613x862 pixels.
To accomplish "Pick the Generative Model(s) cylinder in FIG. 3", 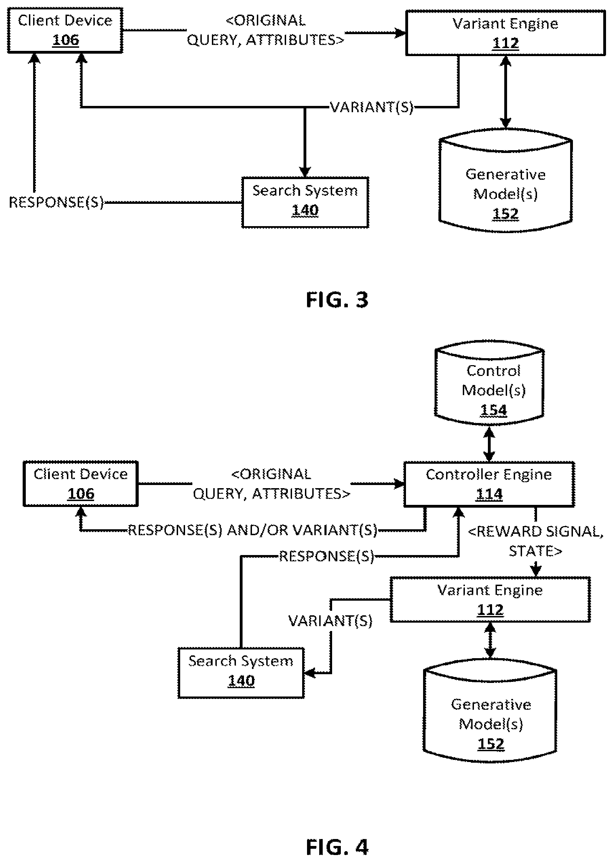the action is click(505, 180).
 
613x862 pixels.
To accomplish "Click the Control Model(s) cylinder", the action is click(489, 383).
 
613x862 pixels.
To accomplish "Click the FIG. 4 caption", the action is click(337, 847).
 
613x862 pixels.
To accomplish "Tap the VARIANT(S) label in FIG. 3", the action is click(372, 107).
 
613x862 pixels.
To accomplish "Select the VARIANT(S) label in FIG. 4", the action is click(330, 621).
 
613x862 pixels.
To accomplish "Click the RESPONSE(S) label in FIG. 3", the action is click(56, 202).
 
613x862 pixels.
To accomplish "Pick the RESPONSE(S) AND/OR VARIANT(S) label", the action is click(253, 530).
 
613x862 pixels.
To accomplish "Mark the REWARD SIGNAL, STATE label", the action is click(536, 541).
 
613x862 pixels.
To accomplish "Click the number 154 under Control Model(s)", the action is click(493, 410).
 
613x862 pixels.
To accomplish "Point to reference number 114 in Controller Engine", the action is click(489, 494).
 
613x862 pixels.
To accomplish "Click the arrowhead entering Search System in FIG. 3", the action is click(305, 172).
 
